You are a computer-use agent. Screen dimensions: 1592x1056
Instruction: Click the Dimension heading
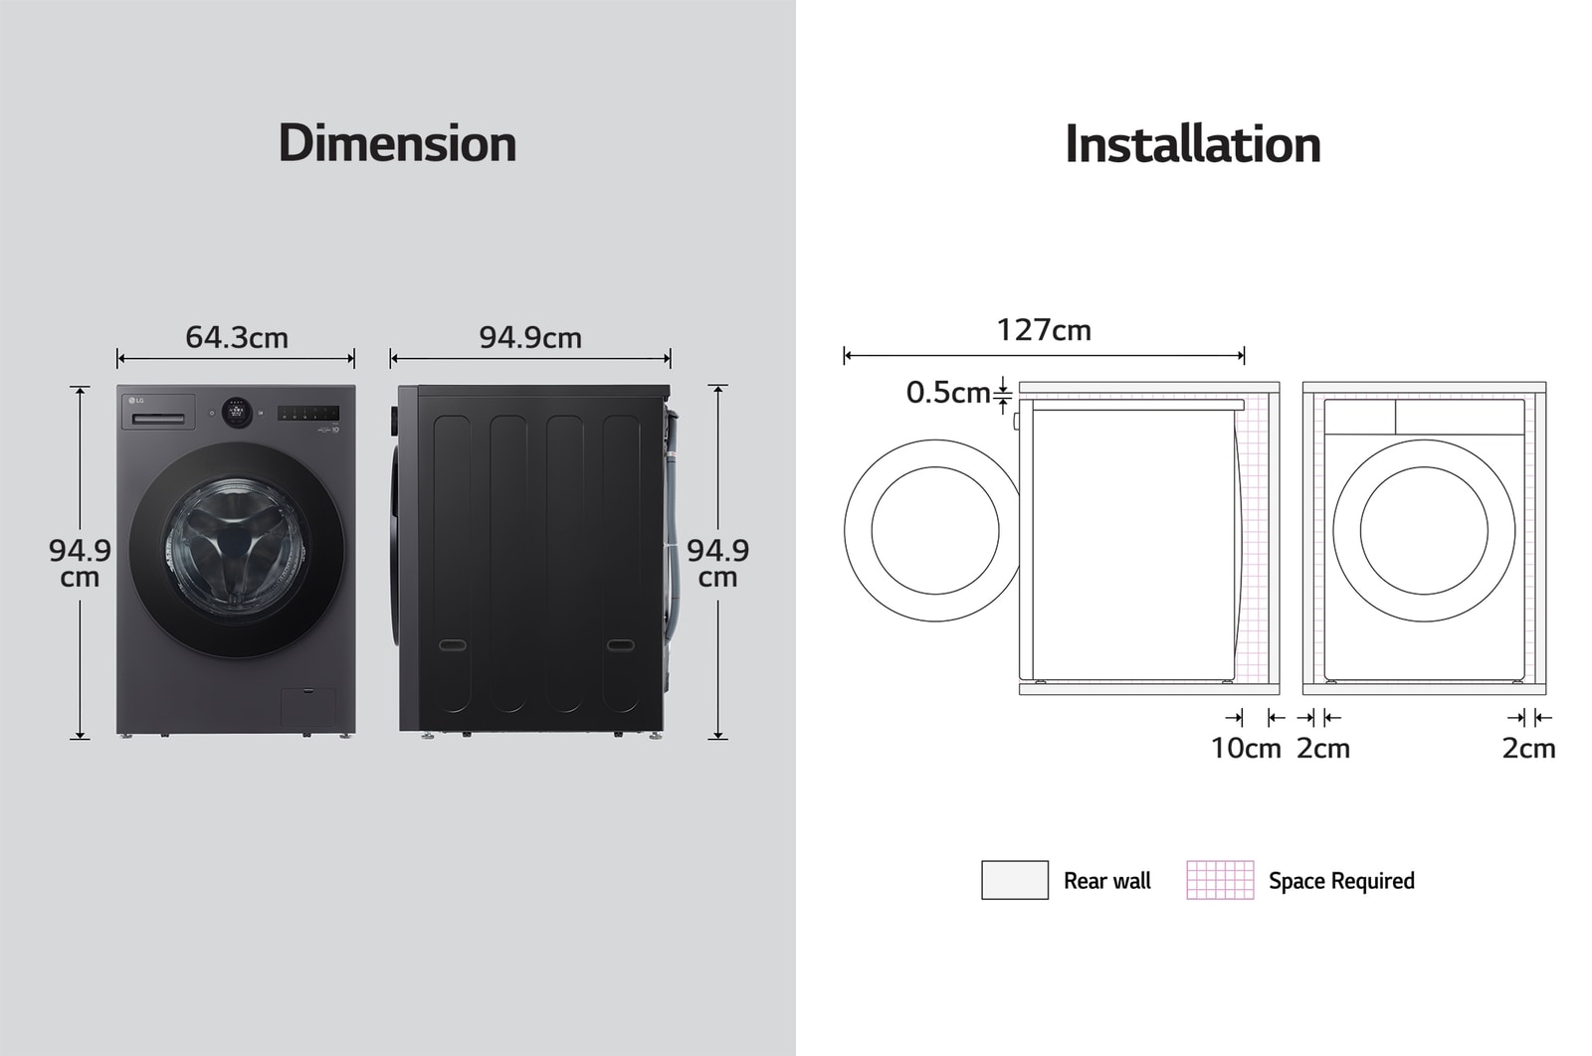coord(397,143)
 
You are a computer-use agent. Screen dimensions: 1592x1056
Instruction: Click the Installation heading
coord(1193,144)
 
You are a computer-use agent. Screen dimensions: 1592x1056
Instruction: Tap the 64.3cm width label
coord(237,337)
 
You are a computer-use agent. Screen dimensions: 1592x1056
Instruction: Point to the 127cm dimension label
coord(1044,330)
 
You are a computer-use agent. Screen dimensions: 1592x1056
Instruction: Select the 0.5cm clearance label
coord(948,392)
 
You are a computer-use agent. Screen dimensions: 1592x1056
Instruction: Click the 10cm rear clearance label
coord(1246,748)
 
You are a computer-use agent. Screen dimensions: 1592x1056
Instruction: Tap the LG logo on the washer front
coord(136,401)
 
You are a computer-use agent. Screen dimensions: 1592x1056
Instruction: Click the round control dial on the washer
coord(237,413)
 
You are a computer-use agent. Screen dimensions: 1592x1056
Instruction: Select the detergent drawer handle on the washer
coord(159,419)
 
